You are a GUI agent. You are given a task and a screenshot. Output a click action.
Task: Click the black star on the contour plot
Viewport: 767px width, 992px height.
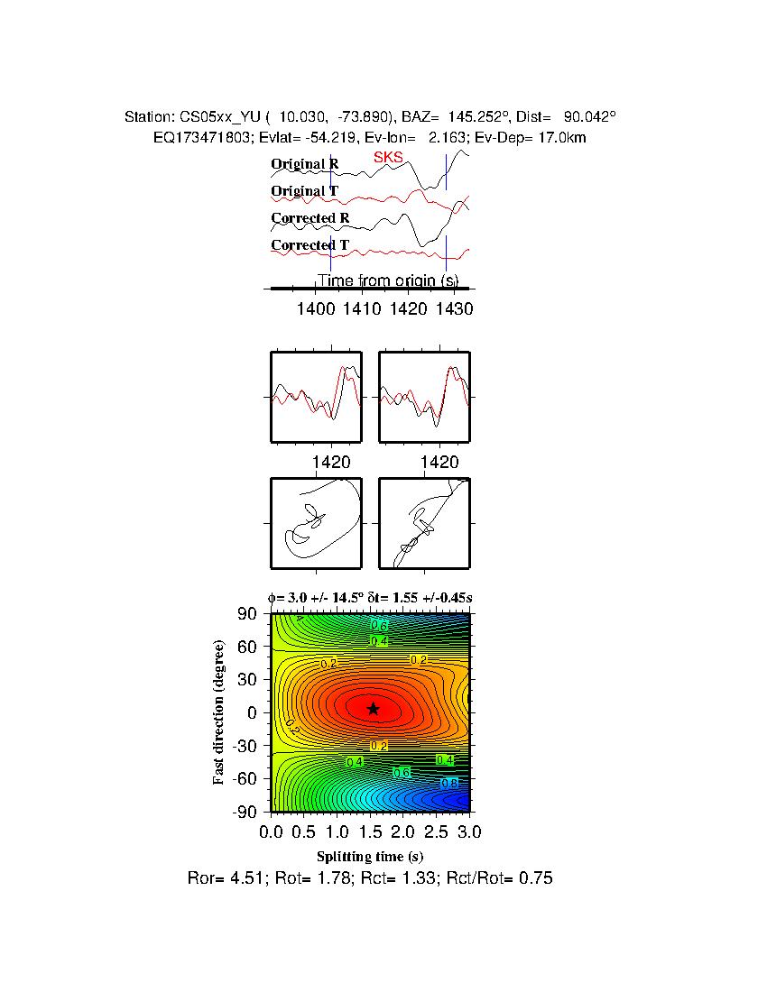coord(373,709)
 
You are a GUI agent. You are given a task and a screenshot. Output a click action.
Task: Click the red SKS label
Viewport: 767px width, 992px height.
coord(388,158)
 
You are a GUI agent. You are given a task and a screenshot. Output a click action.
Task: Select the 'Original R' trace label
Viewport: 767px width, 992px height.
coord(305,164)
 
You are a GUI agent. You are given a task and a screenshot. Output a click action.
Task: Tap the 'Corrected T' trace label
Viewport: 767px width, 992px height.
coord(310,245)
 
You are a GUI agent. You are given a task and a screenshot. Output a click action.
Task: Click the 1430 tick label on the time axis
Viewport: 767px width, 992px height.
coord(453,308)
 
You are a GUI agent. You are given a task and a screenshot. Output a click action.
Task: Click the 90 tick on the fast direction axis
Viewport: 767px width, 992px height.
coord(248,614)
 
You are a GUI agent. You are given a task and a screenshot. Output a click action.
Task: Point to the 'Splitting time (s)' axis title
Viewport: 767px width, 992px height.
coord(370,856)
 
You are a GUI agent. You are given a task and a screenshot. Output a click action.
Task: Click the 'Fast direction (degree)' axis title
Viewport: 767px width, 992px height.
coord(218,712)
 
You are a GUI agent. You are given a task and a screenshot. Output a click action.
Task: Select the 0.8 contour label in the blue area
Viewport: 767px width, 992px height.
coord(449,783)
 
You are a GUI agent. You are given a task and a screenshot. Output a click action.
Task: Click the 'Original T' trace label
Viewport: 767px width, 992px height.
coord(305,191)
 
